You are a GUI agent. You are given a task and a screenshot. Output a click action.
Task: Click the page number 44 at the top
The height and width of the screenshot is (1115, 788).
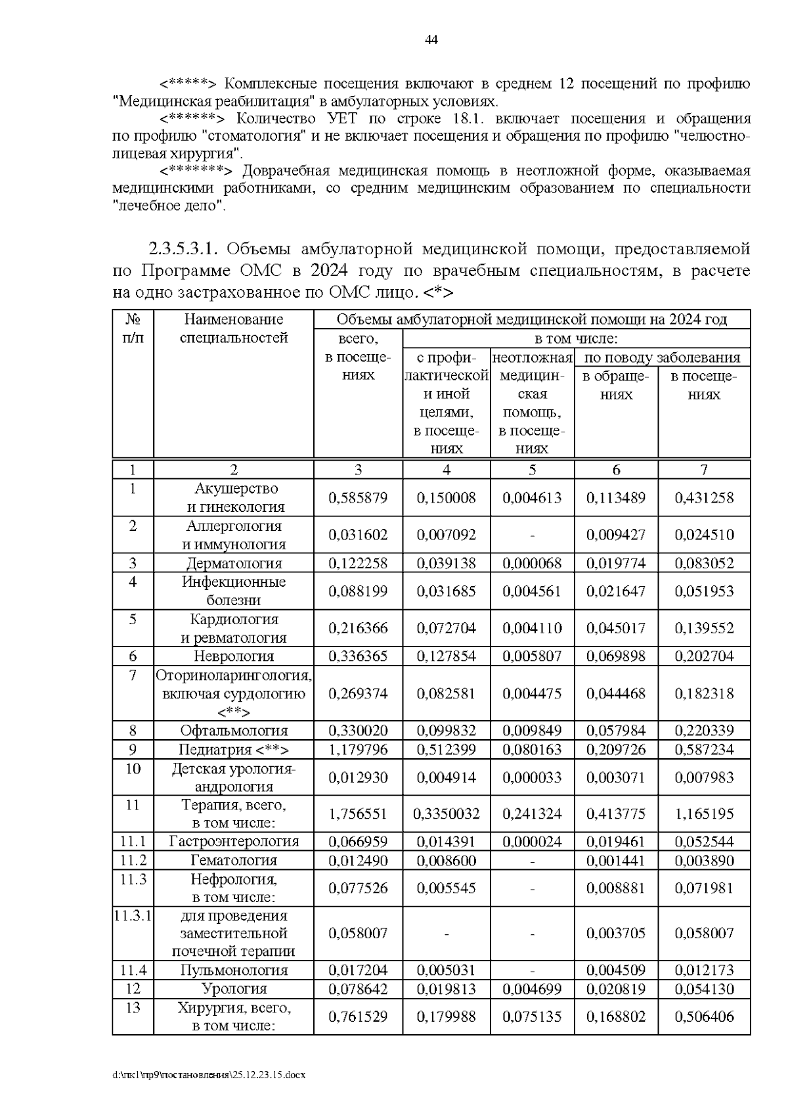(x=431, y=40)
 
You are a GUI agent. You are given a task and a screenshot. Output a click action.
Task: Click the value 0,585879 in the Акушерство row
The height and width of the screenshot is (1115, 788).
(x=358, y=497)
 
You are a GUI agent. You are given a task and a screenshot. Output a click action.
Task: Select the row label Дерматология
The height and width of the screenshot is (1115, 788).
(x=234, y=563)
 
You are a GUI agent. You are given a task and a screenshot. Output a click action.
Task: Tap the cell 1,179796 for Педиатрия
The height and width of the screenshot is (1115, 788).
(x=358, y=750)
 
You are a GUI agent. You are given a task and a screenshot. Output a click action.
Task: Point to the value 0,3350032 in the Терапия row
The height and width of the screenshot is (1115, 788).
(x=447, y=813)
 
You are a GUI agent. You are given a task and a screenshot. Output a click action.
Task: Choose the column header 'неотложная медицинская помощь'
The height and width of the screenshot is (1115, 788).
(x=532, y=403)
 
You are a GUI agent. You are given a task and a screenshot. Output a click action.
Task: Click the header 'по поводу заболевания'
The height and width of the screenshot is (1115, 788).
(x=662, y=357)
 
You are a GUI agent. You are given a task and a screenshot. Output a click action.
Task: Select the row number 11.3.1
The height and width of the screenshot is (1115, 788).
(x=133, y=915)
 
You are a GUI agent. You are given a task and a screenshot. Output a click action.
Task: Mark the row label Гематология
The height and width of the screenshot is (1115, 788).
(x=234, y=860)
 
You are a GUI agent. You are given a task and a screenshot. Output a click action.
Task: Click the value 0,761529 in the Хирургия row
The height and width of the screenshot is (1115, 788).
(x=358, y=1016)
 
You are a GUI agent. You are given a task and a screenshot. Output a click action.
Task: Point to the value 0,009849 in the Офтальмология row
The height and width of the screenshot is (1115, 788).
(x=532, y=731)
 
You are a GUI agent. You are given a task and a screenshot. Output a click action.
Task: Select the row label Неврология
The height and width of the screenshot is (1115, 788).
(x=234, y=656)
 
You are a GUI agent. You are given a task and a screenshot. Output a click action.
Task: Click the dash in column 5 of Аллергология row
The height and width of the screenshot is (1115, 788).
(x=532, y=535)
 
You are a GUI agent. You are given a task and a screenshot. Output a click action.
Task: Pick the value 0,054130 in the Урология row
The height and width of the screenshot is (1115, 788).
(x=704, y=989)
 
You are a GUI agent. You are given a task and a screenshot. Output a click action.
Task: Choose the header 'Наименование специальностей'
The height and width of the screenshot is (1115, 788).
(x=234, y=329)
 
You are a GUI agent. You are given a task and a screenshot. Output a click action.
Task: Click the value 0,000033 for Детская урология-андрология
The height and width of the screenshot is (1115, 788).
(x=532, y=777)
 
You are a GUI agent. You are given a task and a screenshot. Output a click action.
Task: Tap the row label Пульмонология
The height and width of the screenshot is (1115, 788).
(x=234, y=970)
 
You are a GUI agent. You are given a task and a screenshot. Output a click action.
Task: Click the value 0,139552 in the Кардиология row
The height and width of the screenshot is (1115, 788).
(x=704, y=628)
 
